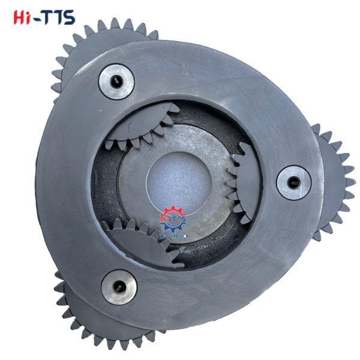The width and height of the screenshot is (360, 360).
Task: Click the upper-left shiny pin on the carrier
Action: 116,80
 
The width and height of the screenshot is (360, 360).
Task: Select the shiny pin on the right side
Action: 292,180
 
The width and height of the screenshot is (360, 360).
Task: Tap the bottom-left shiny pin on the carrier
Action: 118,287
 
